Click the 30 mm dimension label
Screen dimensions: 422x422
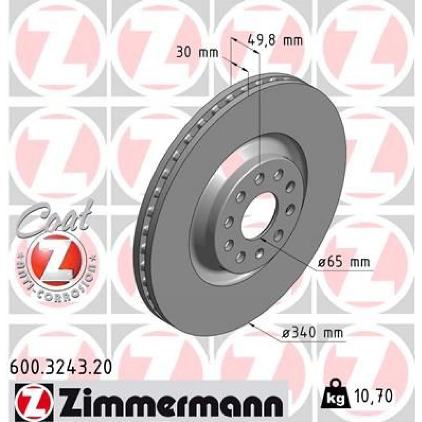[196, 53]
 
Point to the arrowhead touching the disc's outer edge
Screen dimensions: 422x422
[252, 325]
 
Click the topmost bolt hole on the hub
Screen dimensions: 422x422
[279, 173]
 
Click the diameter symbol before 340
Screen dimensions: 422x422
[286, 334]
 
